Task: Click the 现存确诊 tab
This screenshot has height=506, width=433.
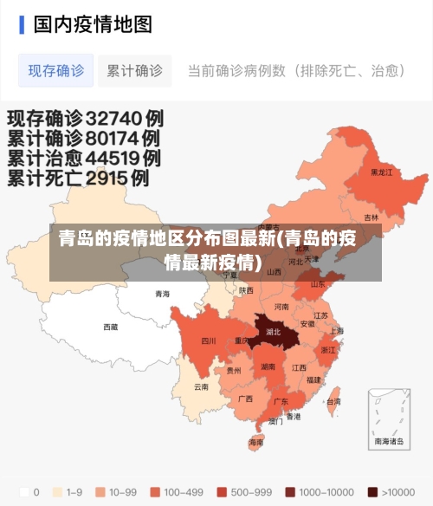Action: click(x=56, y=71)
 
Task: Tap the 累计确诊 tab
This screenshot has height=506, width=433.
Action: click(x=134, y=71)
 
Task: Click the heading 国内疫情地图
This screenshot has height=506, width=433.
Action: click(x=93, y=23)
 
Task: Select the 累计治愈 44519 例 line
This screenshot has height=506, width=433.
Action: click(x=84, y=159)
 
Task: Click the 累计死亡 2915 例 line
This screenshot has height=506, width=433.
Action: click(x=78, y=178)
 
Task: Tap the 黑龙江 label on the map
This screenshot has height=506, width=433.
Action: click(x=381, y=172)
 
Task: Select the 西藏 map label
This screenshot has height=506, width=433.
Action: click(x=111, y=328)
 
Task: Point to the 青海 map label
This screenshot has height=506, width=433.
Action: click(x=163, y=295)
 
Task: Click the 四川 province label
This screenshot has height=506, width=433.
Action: click(x=208, y=341)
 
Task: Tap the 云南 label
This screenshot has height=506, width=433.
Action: click(x=201, y=386)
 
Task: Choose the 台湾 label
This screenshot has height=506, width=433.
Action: click(x=333, y=402)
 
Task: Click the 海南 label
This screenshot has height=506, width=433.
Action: click(x=256, y=442)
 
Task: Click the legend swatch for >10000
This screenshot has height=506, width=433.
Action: click(x=372, y=492)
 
